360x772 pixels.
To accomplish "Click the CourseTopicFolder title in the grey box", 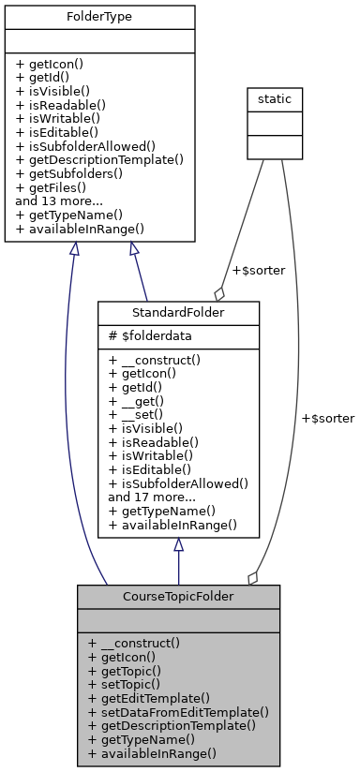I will (178, 596).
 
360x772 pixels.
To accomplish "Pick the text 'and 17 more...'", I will (152, 497).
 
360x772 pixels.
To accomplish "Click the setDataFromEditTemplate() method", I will (178, 712).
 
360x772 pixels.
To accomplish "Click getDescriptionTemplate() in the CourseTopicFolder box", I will (177, 725).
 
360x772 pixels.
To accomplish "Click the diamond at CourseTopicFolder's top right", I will (252, 577).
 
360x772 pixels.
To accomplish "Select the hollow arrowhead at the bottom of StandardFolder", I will (177, 545).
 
